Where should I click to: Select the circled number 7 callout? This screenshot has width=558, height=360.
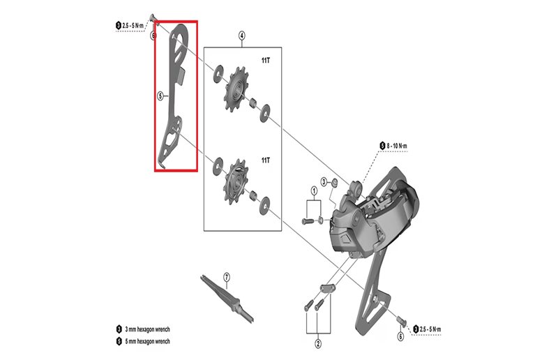226,277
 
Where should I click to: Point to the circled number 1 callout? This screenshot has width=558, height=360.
314,190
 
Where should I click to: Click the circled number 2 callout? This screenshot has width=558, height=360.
317,343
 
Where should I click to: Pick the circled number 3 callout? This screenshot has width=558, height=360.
324,181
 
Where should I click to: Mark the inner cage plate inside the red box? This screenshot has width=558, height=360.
174,98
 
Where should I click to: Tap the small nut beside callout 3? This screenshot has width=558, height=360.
335,183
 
